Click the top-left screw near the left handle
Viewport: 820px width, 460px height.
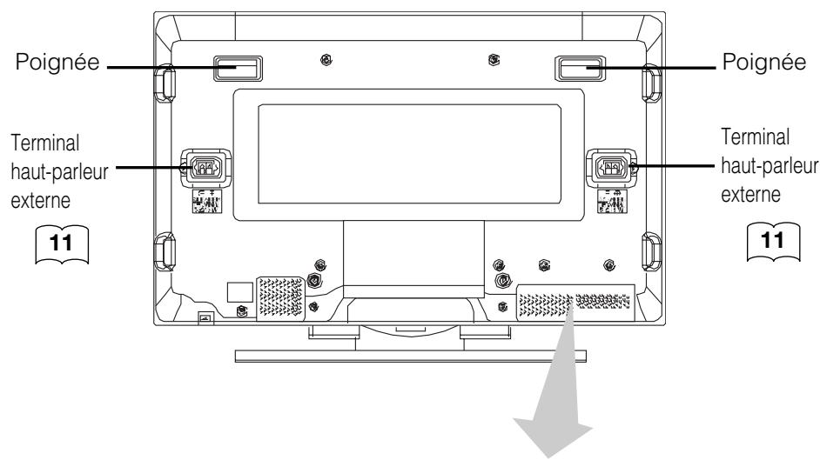(325, 60)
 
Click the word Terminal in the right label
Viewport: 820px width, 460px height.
(756, 138)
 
